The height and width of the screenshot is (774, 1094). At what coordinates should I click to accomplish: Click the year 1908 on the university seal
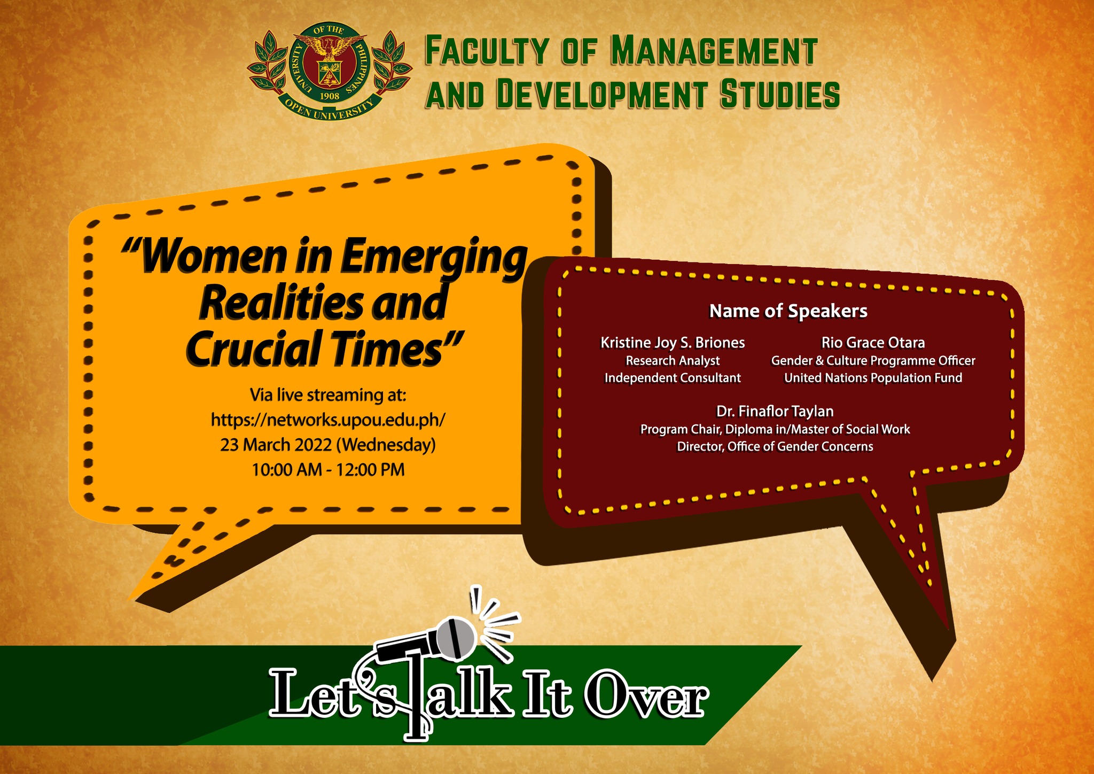(x=329, y=96)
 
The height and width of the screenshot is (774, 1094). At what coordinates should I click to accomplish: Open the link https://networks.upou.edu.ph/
(x=328, y=420)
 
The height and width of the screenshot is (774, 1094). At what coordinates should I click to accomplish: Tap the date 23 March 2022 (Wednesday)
(x=328, y=445)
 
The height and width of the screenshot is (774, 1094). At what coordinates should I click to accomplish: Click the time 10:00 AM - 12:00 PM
(x=328, y=470)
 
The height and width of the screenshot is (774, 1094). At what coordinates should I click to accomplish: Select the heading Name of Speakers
(x=788, y=311)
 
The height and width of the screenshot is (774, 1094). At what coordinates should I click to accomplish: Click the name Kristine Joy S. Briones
(x=673, y=343)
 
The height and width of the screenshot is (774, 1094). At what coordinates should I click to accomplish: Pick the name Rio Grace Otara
(x=873, y=342)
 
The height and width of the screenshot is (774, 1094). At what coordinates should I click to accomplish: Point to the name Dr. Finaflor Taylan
(x=775, y=411)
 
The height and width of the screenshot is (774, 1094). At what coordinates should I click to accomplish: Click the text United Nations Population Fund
(x=873, y=378)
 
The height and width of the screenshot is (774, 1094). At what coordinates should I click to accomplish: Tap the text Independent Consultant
(x=673, y=378)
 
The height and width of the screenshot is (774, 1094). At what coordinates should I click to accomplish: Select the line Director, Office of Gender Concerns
(x=775, y=446)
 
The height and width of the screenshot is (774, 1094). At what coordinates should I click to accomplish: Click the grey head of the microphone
(x=456, y=638)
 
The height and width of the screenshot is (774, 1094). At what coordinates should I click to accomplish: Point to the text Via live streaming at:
(x=328, y=396)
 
